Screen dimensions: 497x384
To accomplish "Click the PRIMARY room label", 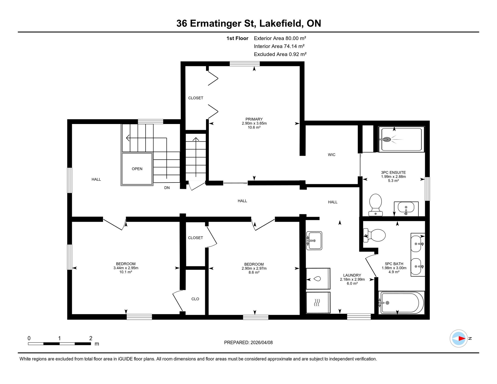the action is [254, 119].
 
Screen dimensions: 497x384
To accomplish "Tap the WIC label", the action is [331, 155].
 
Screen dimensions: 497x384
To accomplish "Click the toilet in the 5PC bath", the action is [374, 235].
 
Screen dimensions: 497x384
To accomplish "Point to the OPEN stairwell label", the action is [137, 169].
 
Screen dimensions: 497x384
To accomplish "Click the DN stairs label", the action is [167, 188].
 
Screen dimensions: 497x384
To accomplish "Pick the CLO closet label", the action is [195, 299].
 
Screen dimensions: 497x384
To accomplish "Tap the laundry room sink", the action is [314, 241].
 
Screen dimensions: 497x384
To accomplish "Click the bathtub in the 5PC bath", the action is [401, 303].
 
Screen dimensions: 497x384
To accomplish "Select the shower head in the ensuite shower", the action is [386, 139].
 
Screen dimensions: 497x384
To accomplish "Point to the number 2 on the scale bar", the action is [91, 338].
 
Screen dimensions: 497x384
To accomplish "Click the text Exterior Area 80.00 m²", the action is [280, 38].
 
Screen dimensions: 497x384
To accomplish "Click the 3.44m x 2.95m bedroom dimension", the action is [126, 268].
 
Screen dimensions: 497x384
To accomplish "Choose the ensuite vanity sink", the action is [406, 208].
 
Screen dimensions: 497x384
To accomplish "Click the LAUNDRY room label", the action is [352, 275].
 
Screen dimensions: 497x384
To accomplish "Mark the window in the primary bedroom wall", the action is [244, 64].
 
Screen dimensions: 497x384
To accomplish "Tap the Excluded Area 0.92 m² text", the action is [280, 54].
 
